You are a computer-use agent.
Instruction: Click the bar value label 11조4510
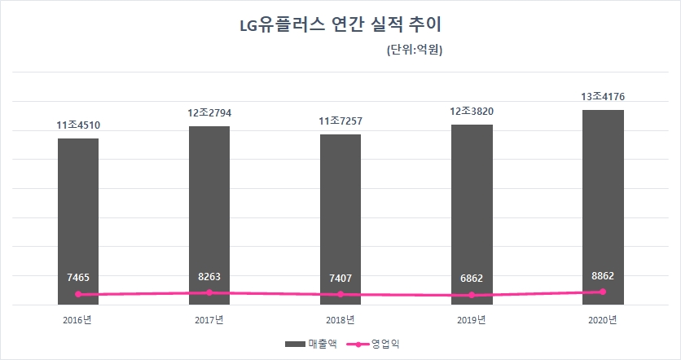pyautogui.click(x=78, y=125)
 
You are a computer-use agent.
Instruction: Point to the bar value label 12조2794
pyautogui.click(x=209, y=112)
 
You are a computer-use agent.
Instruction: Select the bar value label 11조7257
pyautogui.click(x=340, y=121)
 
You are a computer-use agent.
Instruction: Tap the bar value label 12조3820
pyautogui.click(x=472, y=112)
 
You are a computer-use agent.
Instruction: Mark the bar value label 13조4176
pyautogui.click(x=603, y=97)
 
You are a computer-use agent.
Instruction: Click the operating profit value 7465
pyautogui.click(x=78, y=278)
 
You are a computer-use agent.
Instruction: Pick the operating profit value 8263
pyautogui.click(x=209, y=277)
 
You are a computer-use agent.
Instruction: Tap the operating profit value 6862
pyautogui.click(x=472, y=278)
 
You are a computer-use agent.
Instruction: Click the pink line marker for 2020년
pyautogui.click(x=603, y=292)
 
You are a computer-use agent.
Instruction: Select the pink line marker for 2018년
pyautogui.click(x=340, y=294)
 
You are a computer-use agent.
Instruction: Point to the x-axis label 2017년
pyautogui.click(x=209, y=319)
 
